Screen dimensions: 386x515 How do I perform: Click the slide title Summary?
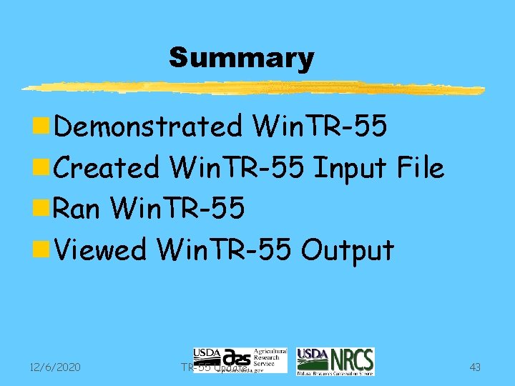pyautogui.click(x=241, y=58)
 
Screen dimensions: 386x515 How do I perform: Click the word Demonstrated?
pyautogui.click(x=148, y=127)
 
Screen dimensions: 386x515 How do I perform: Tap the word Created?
pyautogui.click(x=107, y=168)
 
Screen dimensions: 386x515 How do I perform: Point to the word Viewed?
pyautogui.click(x=100, y=250)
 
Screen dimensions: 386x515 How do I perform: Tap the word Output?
pyautogui.click(x=348, y=250)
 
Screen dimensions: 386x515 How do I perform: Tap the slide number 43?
pyautogui.click(x=475, y=367)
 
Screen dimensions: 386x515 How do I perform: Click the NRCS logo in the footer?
pyautogui.click(x=335, y=362)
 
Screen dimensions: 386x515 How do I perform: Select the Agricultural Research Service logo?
pyautogui.click(x=240, y=360)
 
